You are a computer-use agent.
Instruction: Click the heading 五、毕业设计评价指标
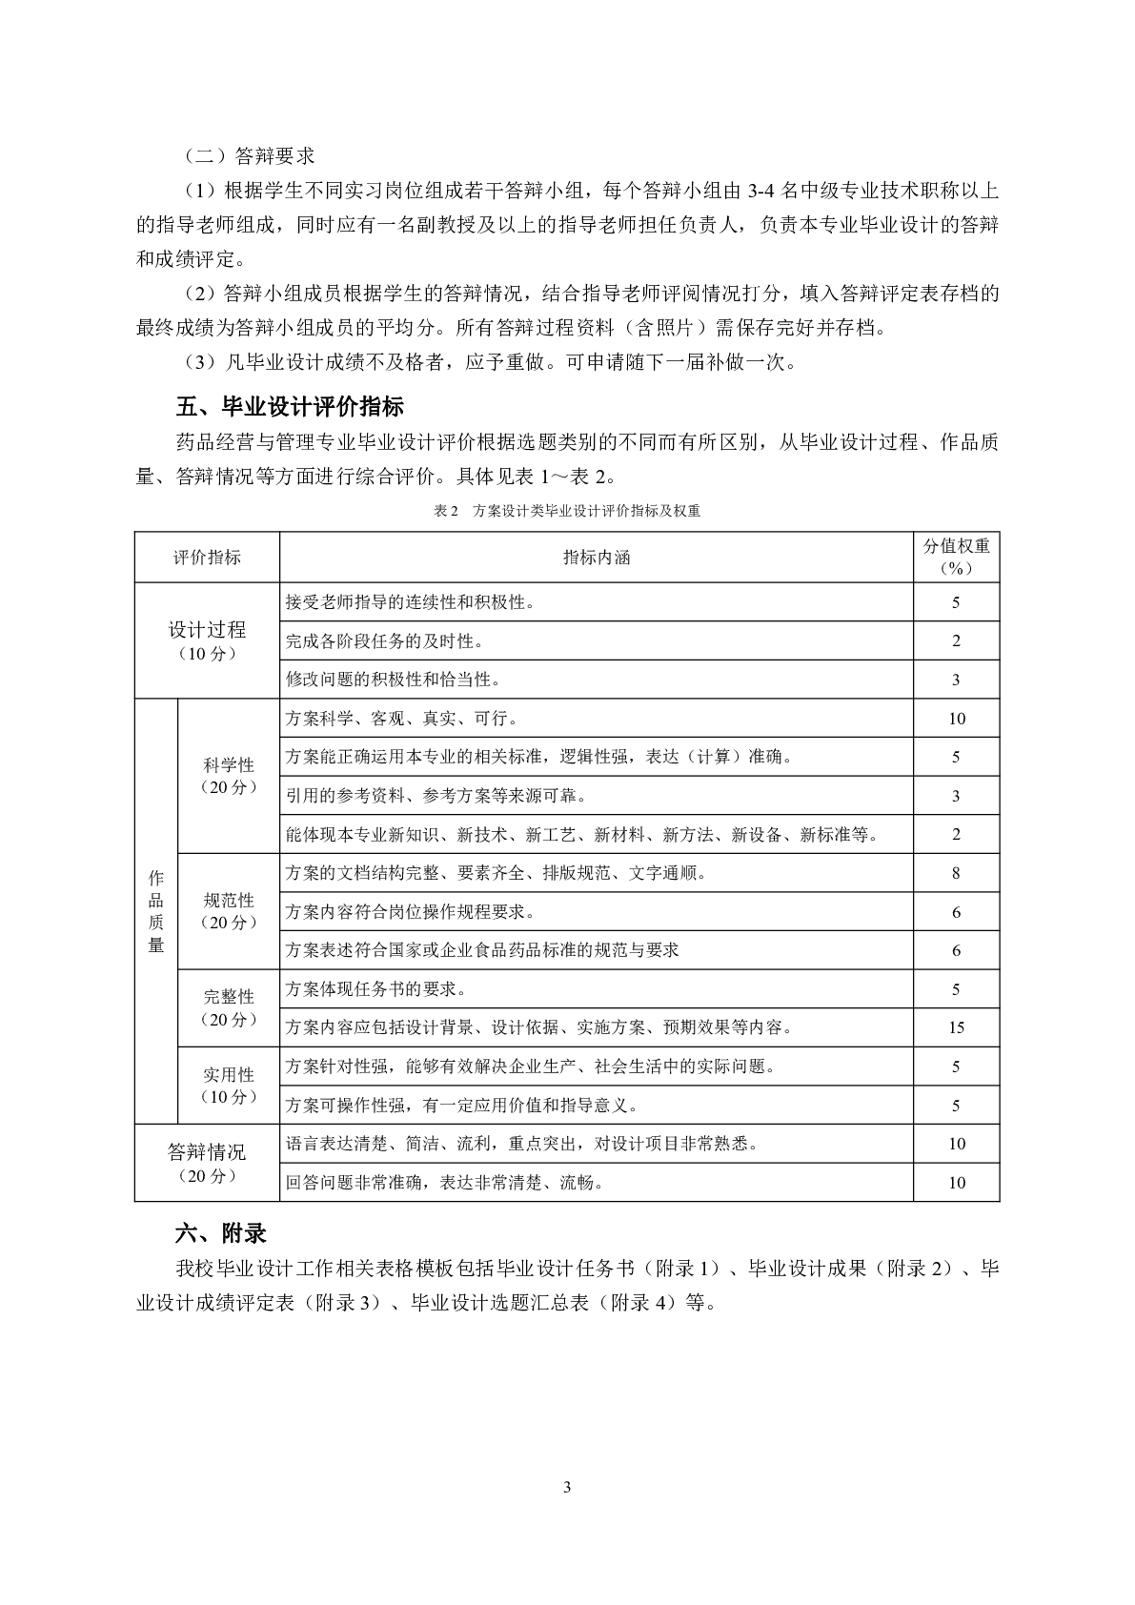pos(290,407)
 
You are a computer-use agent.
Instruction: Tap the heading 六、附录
pos(221,1233)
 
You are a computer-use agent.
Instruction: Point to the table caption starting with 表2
pos(566,511)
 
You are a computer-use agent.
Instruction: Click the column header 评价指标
pos(207,558)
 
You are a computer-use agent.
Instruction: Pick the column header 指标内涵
pos(597,558)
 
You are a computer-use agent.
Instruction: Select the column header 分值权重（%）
pos(956,558)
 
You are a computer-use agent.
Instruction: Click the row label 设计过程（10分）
pos(207,640)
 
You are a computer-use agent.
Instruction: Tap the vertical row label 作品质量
pos(156,911)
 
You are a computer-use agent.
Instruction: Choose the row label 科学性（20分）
pos(229,776)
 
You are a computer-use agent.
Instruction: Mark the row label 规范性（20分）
pos(229,911)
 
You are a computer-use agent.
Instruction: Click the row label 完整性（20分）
pos(229,1007)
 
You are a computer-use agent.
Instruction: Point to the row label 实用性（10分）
pos(229,1086)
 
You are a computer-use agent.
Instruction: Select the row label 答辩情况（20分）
pos(207,1163)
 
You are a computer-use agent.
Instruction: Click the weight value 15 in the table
pos(956,1027)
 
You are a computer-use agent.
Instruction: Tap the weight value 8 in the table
pos(956,873)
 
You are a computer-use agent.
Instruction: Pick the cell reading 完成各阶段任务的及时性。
pos(385,641)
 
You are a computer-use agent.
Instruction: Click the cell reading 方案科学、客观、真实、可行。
pos(401,719)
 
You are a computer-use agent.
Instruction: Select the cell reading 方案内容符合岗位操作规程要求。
pos(410,912)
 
